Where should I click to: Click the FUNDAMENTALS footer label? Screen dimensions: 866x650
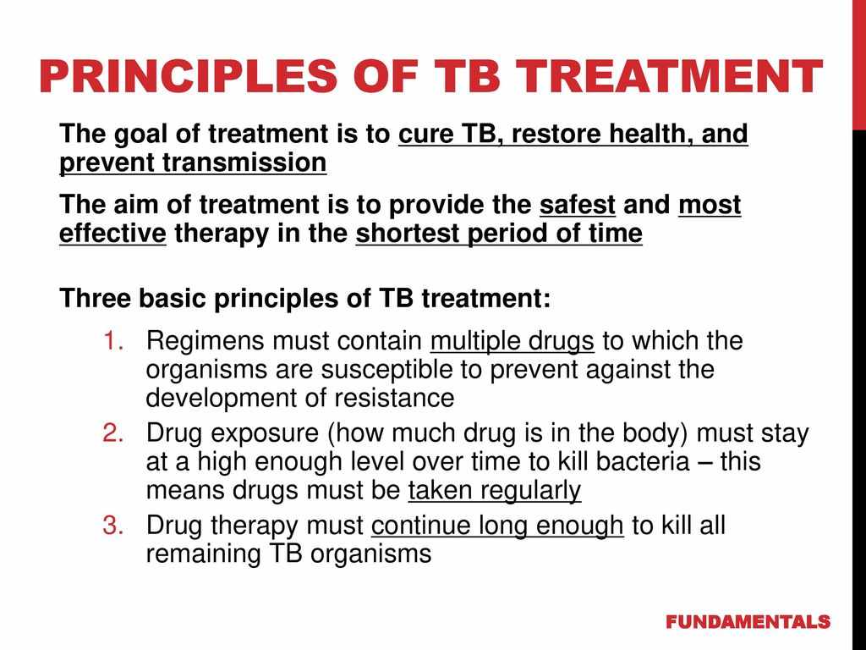point(748,622)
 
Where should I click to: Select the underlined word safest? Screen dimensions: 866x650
point(577,205)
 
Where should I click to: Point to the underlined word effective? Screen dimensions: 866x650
point(112,234)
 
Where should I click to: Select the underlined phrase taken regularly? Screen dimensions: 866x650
point(494,491)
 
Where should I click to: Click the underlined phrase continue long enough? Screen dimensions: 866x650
point(497,526)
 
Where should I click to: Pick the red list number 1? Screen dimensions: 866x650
point(112,341)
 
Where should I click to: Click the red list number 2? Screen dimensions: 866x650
point(112,432)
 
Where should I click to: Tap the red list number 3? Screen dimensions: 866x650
point(112,525)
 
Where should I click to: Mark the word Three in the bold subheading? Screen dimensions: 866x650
point(95,299)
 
